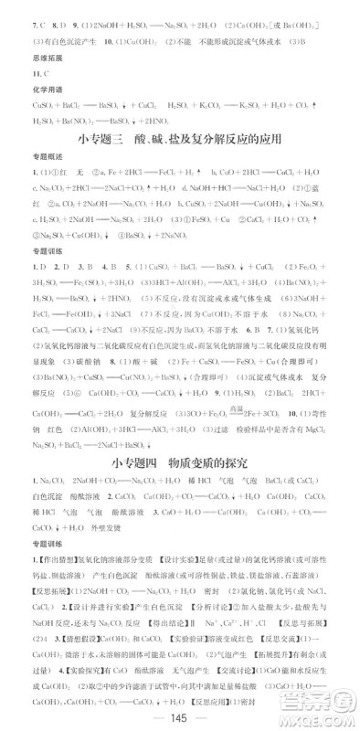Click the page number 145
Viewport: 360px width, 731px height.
(179, 713)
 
